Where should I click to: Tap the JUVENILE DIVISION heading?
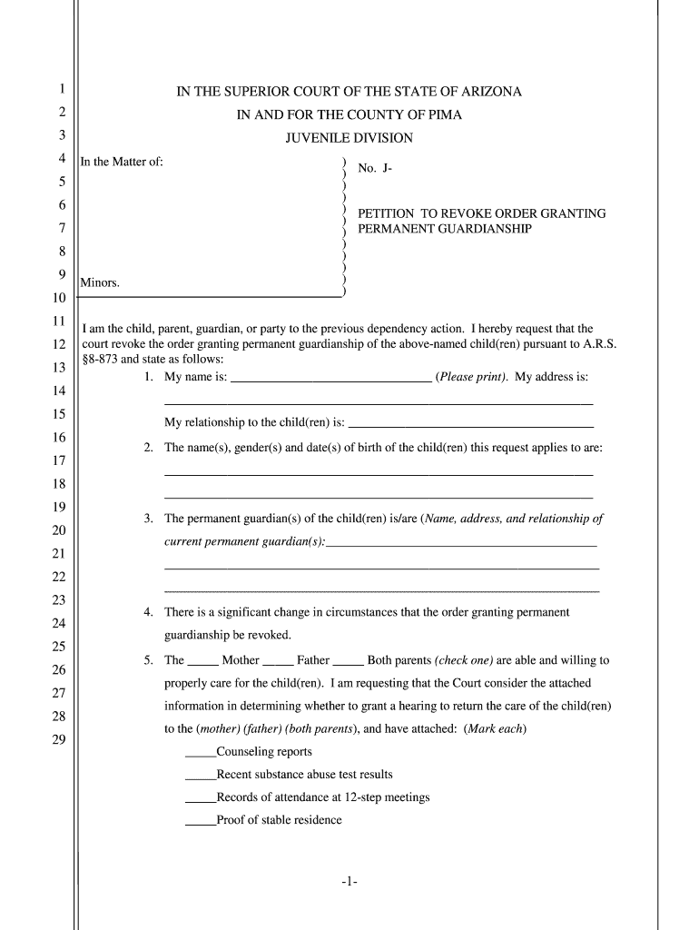click(x=349, y=138)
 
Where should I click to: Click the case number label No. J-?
click(x=375, y=168)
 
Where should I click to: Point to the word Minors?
click(x=100, y=283)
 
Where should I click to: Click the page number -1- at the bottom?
click(x=349, y=882)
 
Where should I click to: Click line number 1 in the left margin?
click(x=61, y=89)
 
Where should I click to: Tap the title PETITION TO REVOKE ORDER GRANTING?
click(x=481, y=213)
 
